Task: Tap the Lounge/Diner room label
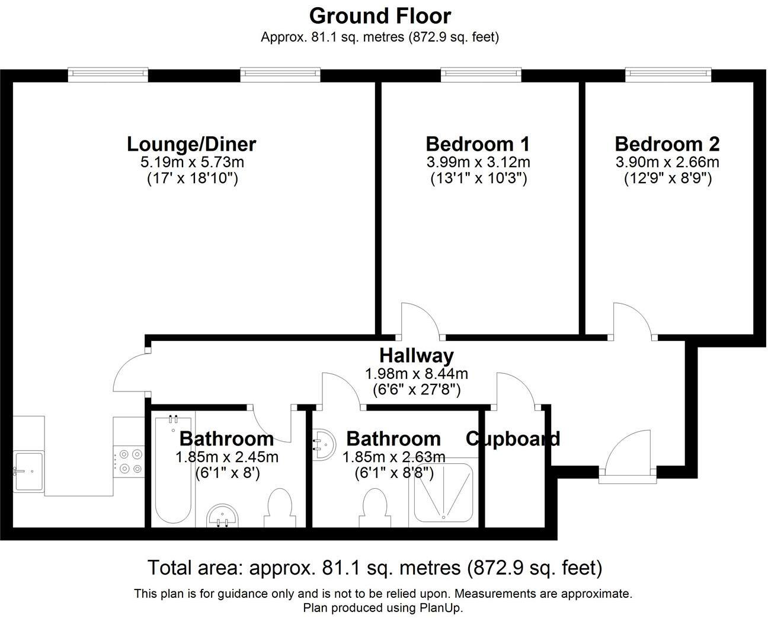click(191, 144)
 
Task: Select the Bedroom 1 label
click(478, 144)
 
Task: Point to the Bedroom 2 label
click(667, 144)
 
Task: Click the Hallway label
click(416, 355)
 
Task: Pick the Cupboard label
click(513, 439)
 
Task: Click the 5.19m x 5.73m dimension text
click(192, 162)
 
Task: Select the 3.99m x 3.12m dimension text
click(478, 162)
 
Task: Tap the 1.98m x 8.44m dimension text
click(416, 374)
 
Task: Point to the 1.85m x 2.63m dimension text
click(393, 457)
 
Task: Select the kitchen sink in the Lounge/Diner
click(28, 472)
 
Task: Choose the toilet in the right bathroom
click(374, 508)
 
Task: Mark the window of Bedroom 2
click(668, 74)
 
